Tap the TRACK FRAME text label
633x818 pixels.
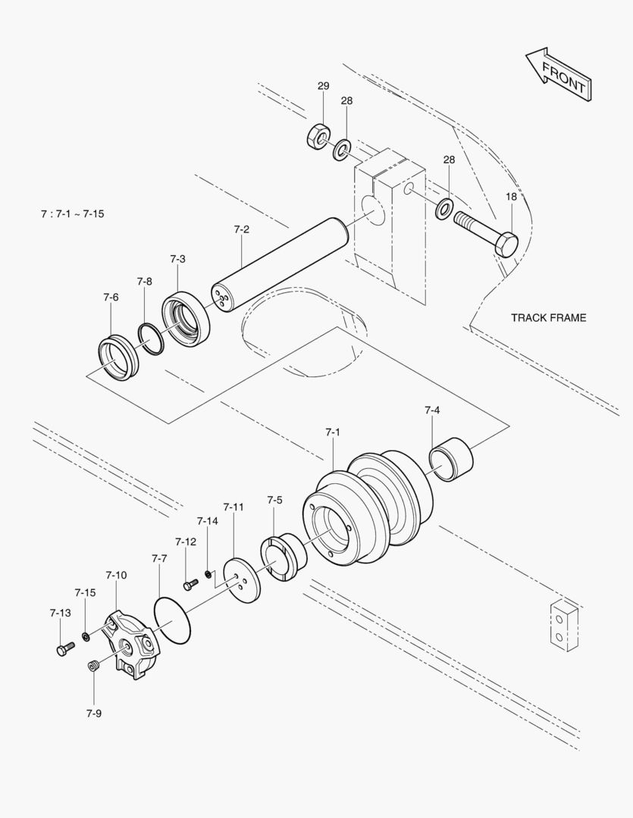click(x=548, y=317)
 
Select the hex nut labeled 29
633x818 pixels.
click(x=318, y=136)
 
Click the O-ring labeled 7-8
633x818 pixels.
click(x=151, y=338)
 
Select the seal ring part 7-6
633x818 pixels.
click(x=118, y=357)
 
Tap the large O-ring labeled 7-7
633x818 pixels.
click(x=174, y=620)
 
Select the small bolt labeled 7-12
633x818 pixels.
click(x=190, y=584)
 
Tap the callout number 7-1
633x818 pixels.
click(x=332, y=432)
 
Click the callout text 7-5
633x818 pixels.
click(x=274, y=500)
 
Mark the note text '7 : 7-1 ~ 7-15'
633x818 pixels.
click(x=73, y=214)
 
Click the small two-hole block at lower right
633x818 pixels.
click(x=563, y=626)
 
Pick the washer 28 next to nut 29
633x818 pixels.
click(x=342, y=148)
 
